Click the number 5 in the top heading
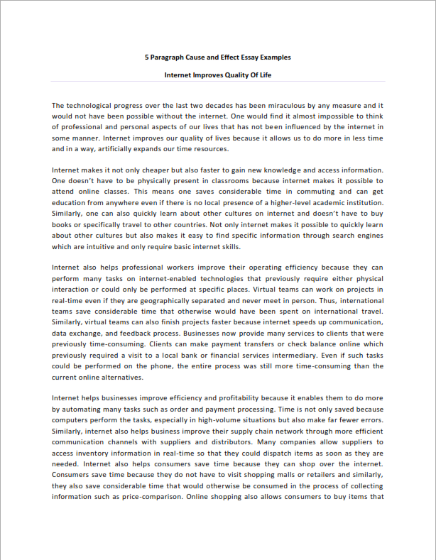coord(146,57)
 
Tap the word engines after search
coord(369,236)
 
